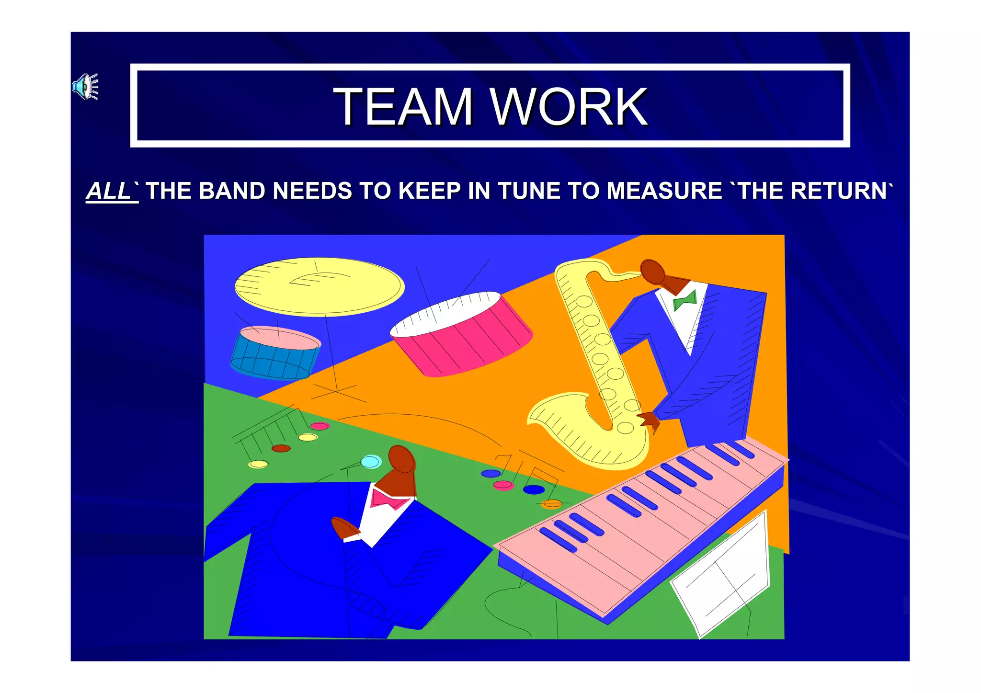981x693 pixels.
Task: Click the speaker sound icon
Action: coord(85,87)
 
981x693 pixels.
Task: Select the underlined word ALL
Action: coord(108,191)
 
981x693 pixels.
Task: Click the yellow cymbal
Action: coord(319,286)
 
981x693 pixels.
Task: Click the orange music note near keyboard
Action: coord(552,503)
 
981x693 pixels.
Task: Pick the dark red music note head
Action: coord(281,449)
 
